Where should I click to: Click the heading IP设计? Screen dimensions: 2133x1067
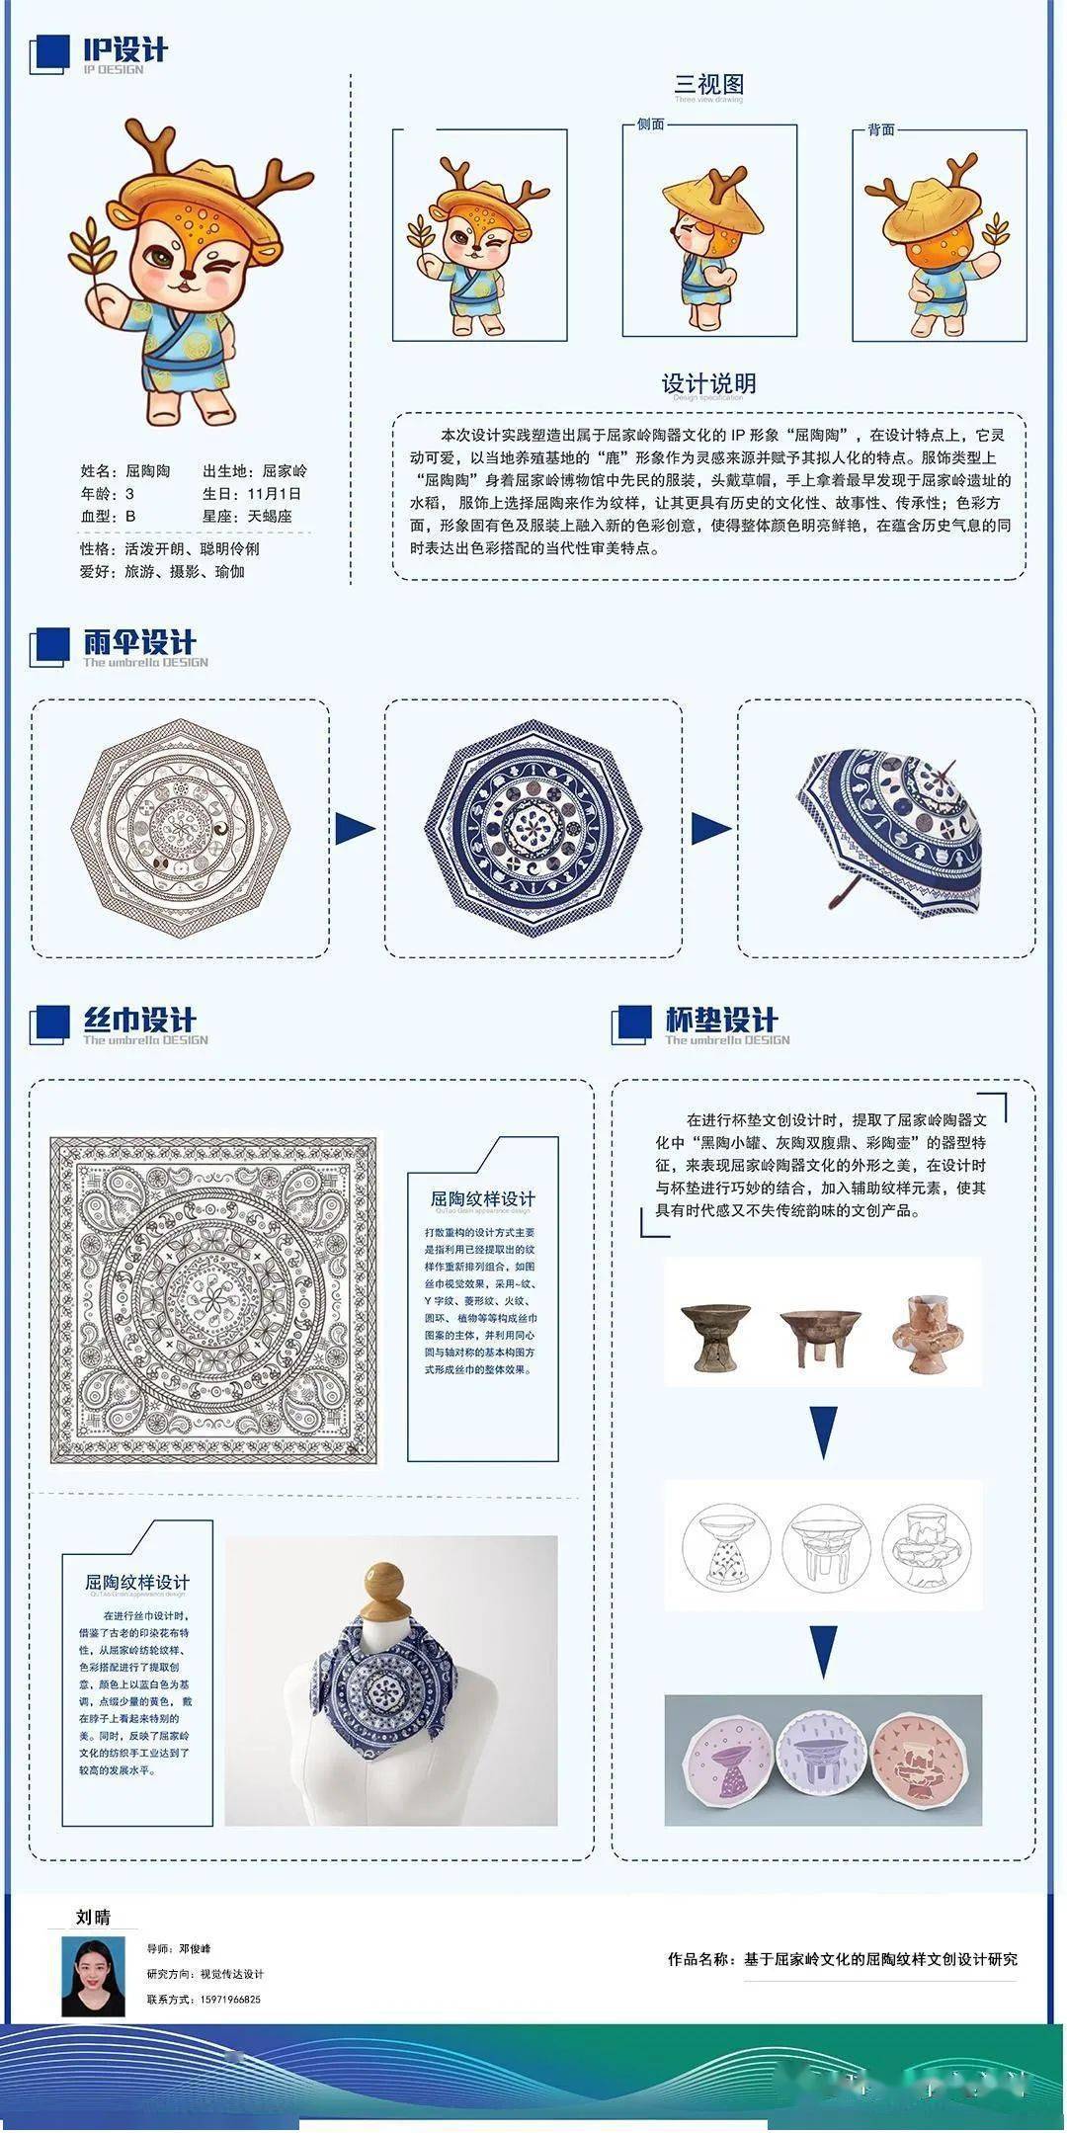124,49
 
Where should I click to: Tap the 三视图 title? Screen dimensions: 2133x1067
708,85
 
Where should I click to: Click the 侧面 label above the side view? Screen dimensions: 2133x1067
650,124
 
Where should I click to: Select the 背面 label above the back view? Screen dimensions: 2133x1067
880,129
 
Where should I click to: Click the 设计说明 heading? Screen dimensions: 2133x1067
708,383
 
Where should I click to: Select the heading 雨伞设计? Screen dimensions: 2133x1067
139,642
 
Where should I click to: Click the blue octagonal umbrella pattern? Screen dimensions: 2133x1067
533,828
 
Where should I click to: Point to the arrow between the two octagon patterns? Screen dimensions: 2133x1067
355,828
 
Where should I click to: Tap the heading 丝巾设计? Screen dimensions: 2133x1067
139,1020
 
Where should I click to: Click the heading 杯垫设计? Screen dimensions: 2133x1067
721,1020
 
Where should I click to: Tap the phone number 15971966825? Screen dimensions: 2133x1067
217,1999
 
